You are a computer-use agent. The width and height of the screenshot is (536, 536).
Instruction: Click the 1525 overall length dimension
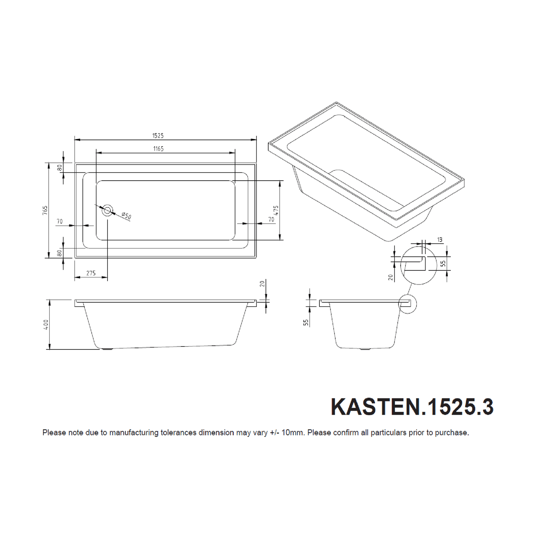158,136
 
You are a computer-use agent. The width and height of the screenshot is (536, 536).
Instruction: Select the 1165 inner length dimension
158,149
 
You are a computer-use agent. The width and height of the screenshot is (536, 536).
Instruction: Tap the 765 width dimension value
45,210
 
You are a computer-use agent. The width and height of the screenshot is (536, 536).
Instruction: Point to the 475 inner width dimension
276,210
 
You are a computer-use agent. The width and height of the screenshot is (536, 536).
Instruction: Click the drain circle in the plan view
108,210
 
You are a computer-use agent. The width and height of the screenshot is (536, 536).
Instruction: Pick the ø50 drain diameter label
126,216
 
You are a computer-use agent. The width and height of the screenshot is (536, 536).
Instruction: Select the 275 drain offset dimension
91,273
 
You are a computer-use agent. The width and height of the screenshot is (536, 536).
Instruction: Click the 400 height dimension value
46,324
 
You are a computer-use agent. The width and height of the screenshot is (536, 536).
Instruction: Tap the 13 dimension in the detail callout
440,240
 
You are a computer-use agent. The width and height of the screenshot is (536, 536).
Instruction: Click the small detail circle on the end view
407,304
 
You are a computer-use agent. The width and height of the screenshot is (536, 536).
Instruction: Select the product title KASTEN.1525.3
412,407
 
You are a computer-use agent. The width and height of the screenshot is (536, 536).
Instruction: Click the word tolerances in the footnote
178,433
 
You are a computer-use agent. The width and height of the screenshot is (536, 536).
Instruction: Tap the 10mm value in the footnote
293,433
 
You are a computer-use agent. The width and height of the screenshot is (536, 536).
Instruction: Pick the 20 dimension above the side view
262,284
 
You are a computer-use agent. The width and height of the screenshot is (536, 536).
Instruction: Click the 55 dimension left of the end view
306,322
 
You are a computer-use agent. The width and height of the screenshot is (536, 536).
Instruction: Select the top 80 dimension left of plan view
59,168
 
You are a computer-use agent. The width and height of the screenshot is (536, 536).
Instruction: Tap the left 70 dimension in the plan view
60,221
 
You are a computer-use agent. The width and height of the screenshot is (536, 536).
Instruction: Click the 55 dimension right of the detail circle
443,263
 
